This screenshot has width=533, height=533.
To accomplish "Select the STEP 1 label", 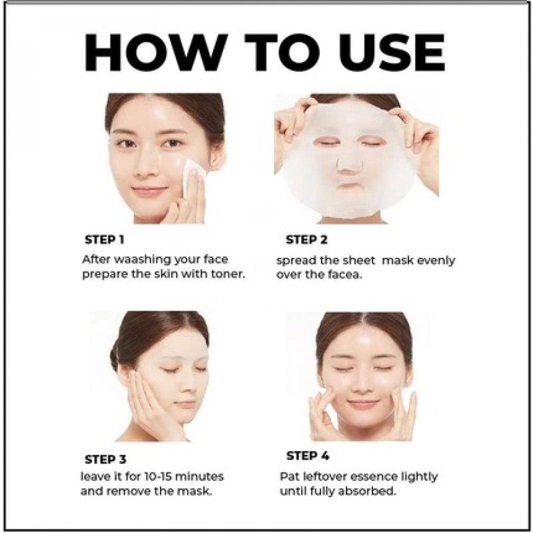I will tap(105, 239).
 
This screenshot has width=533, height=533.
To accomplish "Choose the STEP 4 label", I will tap(307, 456).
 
